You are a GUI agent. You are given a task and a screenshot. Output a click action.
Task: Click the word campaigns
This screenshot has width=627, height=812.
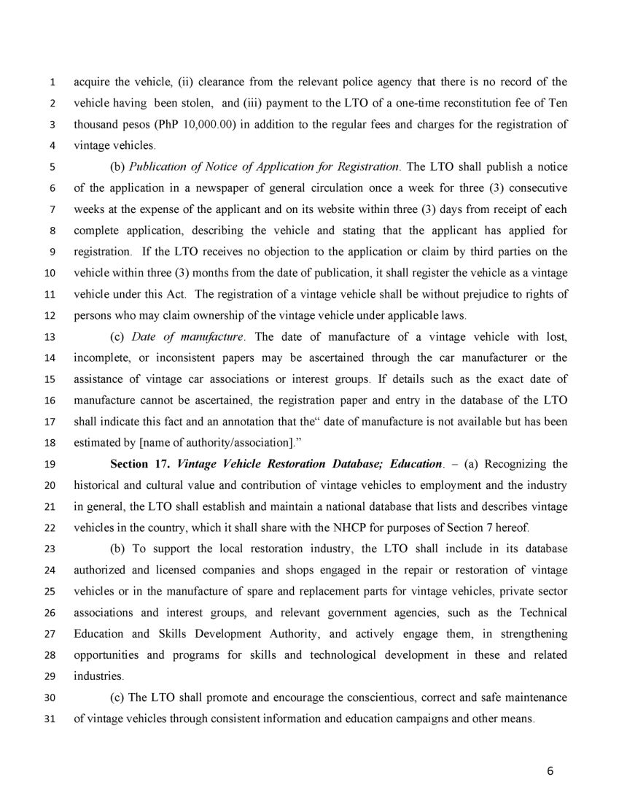419,719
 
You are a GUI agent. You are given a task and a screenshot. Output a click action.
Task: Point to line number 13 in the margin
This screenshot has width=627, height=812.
50,338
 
